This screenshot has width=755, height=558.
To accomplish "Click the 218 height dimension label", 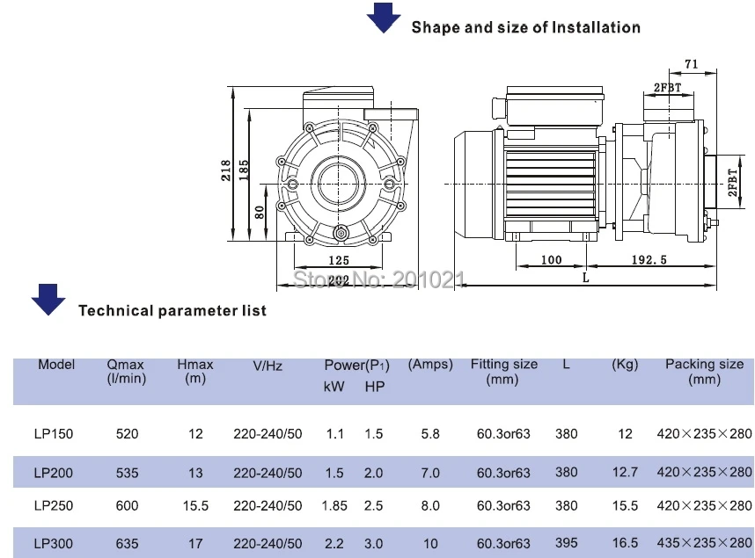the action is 226,170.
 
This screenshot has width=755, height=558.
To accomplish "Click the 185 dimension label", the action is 244,170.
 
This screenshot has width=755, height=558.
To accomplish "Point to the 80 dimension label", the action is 259,212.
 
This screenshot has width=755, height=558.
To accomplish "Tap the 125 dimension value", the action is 339,260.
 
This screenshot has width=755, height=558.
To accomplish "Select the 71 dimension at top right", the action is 691,64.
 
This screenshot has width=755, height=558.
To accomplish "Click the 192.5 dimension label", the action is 649,260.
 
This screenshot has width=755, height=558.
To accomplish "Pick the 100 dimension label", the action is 552,260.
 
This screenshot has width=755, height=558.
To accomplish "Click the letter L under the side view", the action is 585,278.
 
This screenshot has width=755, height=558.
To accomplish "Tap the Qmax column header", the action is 126,372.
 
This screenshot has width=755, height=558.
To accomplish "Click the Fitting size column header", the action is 503,372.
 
